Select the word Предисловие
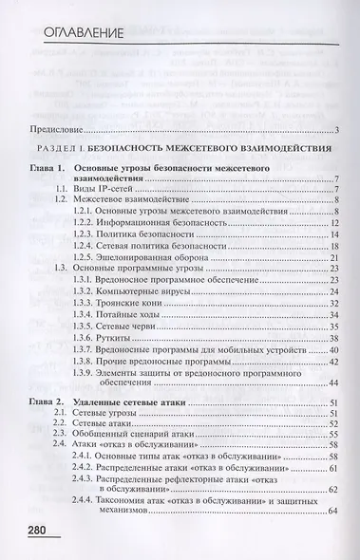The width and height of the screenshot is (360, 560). pos(58,129)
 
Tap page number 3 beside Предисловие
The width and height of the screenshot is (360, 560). pos(338,129)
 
